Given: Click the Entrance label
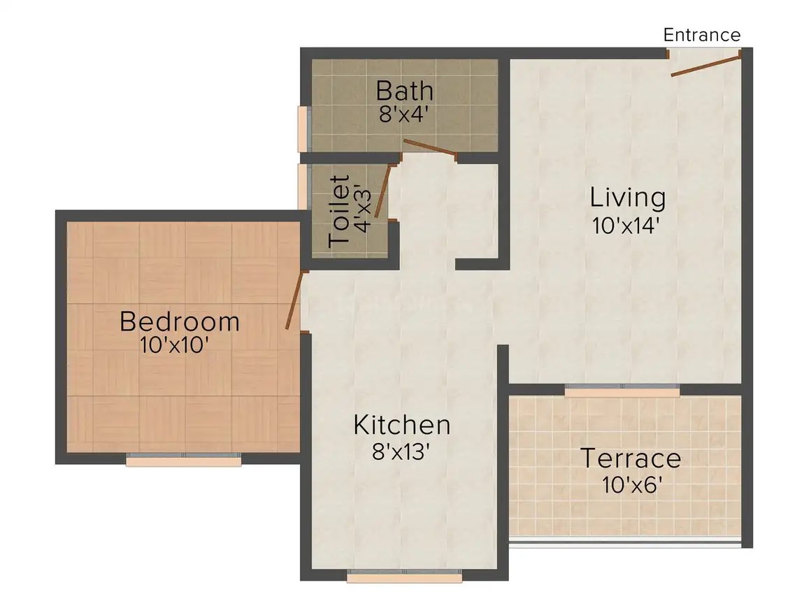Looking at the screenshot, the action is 702,35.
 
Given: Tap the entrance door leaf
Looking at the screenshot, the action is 707,63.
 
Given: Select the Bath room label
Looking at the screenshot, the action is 405,91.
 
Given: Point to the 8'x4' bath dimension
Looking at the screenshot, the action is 405,114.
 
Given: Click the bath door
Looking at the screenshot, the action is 429,147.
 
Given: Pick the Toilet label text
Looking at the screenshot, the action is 339,210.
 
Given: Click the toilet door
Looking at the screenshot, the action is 382,191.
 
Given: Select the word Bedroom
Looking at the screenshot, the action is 180,321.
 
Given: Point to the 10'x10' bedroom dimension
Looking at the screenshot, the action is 174,345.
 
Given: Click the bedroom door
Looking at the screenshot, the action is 294,300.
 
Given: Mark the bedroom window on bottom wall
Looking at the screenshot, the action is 184,460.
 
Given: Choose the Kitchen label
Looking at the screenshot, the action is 402,425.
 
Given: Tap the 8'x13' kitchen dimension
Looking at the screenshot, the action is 401,452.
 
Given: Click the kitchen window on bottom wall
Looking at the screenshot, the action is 405,575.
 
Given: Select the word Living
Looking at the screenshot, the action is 628,198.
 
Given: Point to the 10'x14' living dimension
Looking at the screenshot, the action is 626,226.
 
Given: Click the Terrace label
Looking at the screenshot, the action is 631,458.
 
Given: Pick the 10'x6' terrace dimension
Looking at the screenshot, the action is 632,485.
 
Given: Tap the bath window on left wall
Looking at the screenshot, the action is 303,129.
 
